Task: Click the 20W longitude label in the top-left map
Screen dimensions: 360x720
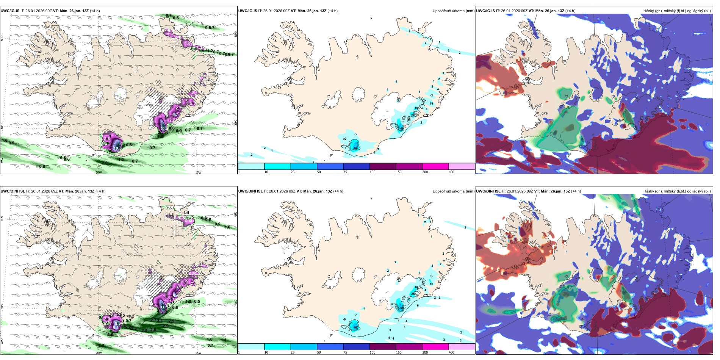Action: (99, 172)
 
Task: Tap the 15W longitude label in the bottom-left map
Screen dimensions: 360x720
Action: (198, 353)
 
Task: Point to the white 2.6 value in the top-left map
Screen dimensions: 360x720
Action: (107, 139)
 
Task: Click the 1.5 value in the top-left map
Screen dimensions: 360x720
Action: (161, 136)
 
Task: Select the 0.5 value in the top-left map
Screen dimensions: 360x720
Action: (176, 18)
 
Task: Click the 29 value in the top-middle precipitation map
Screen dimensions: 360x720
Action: (413, 115)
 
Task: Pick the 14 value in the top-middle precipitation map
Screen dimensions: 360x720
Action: (431, 103)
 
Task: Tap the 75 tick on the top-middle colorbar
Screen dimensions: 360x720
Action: (345, 172)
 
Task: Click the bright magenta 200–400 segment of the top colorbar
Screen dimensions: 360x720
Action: (435, 166)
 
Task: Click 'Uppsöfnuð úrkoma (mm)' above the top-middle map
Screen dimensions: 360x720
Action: (453, 11)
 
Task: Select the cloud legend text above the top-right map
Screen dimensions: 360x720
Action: (677, 11)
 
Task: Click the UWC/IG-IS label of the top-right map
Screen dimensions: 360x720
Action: (485, 11)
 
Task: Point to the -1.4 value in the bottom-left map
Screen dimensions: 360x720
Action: (185, 213)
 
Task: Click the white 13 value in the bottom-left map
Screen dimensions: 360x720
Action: (163, 308)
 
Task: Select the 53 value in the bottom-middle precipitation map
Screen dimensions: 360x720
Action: (402, 308)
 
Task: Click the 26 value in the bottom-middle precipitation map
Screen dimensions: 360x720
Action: (413, 294)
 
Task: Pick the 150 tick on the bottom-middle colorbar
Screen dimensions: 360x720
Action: (399, 352)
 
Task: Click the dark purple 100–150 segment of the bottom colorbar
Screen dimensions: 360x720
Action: (382, 347)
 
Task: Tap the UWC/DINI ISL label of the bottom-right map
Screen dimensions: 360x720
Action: (488, 191)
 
